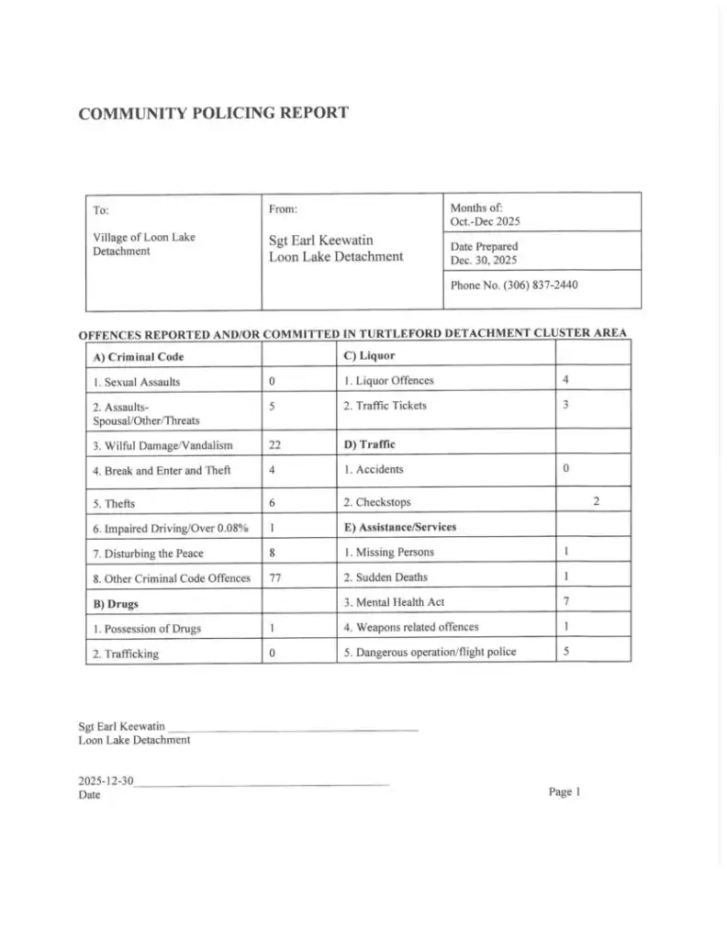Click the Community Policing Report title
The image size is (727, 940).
pos(213,114)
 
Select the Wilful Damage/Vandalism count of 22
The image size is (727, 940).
pos(274,445)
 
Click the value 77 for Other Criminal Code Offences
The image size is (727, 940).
pos(274,578)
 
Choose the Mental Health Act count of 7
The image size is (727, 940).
pos(567,602)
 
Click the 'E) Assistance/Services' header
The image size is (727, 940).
pos(399,527)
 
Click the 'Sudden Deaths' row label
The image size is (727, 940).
pos(385,577)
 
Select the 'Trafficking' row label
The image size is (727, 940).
pos(125,654)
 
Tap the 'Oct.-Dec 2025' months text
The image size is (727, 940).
pos(486,221)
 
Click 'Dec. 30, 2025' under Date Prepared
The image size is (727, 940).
pos(484,260)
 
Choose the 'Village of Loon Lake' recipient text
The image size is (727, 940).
pos(144,237)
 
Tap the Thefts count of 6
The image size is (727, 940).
pos(273,502)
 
